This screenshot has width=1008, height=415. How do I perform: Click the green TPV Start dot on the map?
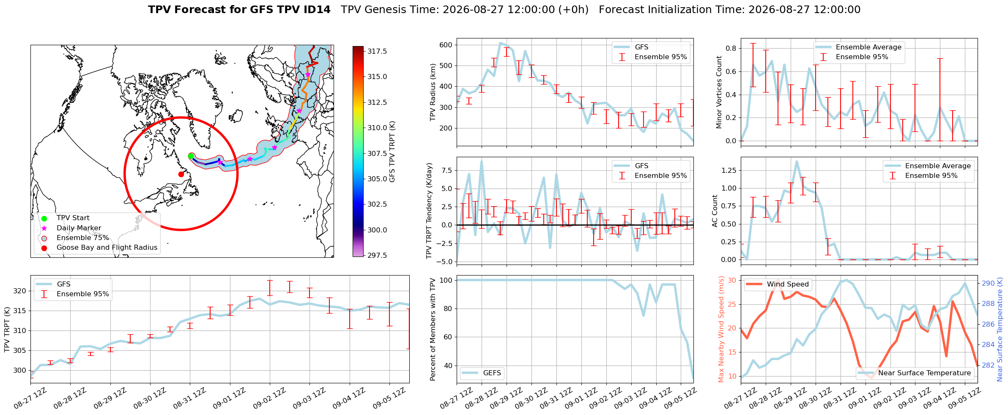point(191,156)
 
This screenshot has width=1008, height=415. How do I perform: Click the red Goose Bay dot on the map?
point(181,174)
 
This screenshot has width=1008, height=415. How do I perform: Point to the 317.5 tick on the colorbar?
point(377,51)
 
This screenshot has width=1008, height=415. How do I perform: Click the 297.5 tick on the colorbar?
point(377,255)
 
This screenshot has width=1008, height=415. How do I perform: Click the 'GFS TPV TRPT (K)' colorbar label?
point(392,151)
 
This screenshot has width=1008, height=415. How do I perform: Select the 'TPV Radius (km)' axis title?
point(433,92)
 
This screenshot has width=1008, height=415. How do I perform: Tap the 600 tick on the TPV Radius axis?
point(446,45)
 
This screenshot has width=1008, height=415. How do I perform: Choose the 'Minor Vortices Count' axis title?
point(719,92)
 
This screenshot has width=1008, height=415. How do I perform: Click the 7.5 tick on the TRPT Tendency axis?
point(446,170)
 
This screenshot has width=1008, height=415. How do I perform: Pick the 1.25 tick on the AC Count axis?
point(729,170)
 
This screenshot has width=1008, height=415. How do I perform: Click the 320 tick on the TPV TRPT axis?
point(20,291)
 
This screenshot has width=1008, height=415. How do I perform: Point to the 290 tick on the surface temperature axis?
point(988,283)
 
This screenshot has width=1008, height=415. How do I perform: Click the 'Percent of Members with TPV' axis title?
point(433,329)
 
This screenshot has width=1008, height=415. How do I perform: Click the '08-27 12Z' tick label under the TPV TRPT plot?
point(30,399)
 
